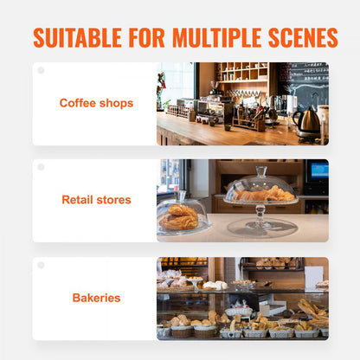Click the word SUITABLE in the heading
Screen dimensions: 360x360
click(77, 38)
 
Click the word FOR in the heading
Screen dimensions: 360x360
click(146, 38)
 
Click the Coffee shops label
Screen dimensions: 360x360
click(96, 103)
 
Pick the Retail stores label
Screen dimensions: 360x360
click(96, 200)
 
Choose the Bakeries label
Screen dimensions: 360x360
click(96, 298)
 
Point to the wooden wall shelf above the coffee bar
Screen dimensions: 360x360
click(241, 73)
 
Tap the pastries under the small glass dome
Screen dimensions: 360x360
click(180, 216)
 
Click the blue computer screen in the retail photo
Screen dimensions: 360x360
click(318, 170)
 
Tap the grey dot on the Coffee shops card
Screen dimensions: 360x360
click(40, 70)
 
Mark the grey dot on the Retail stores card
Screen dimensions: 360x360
click(40, 167)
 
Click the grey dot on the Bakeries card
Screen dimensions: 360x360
click(40, 265)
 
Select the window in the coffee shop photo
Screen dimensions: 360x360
click(176, 82)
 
